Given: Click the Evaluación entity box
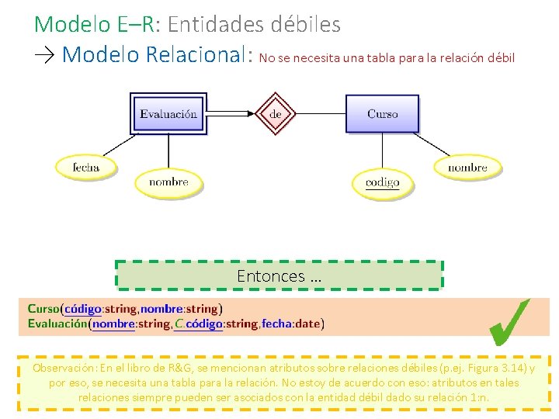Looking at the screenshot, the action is [x=168, y=114].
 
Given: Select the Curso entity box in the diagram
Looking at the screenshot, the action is [x=382, y=114].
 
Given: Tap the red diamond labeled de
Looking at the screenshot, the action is [x=276, y=114].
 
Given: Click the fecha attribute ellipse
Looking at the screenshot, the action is [x=86, y=166].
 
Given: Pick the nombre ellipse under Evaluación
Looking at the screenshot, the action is [x=168, y=182].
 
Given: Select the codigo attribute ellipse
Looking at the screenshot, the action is [x=382, y=182].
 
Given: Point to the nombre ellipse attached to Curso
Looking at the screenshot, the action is [x=467, y=166].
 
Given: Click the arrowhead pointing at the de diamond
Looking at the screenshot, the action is [x=250, y=114].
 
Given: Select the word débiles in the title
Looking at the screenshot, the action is [x=306, y=25].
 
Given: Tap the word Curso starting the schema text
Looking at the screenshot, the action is [x=43, y=309].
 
